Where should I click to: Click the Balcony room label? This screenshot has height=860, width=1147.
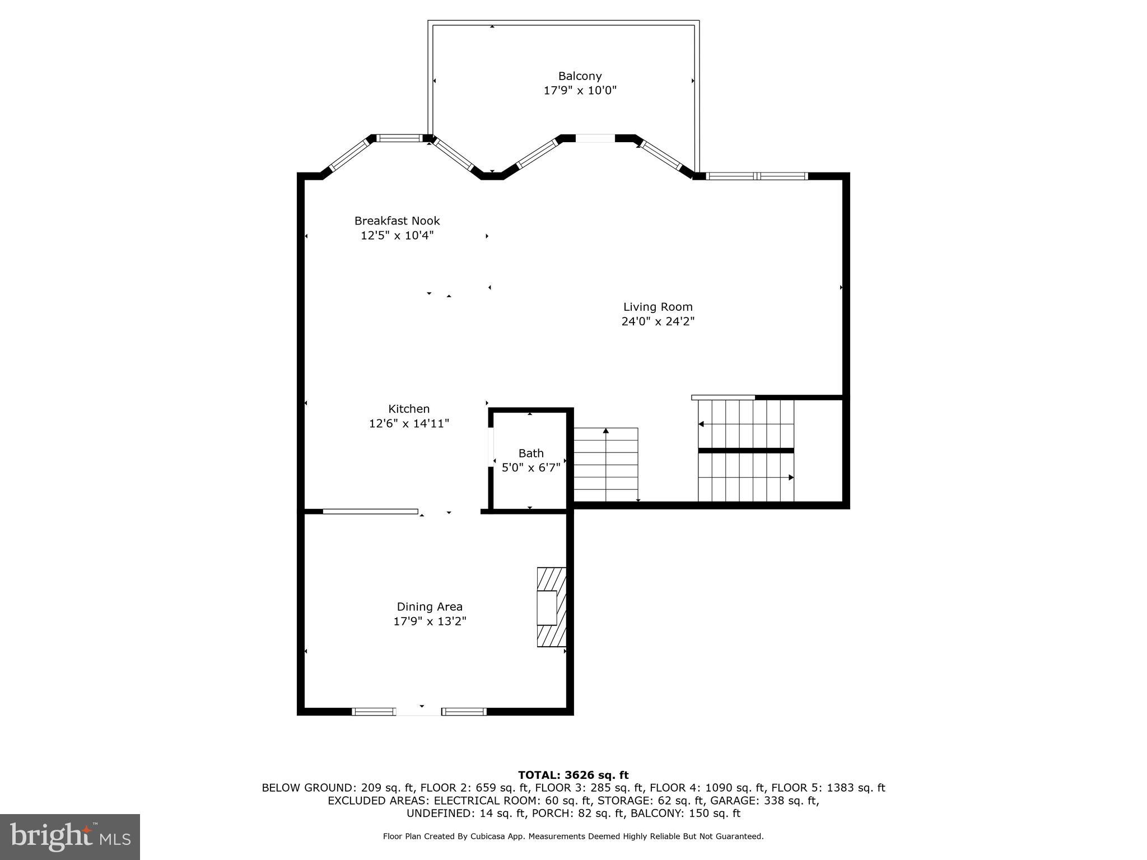point(580,76)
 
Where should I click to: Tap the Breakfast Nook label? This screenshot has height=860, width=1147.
point(397,221)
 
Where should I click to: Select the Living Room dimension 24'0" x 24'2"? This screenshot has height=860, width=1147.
point(658,321)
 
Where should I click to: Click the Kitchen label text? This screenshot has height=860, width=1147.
point(409,409)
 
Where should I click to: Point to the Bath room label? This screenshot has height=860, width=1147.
point(530,453)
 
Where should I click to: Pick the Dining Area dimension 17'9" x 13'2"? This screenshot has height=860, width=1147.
point(430,621)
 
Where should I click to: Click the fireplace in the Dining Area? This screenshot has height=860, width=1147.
point(551,607)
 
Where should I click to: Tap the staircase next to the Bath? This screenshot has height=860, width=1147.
point(605,465)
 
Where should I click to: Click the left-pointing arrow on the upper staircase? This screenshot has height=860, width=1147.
point(701,424)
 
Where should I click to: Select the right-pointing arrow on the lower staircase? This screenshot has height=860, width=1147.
point(790,478)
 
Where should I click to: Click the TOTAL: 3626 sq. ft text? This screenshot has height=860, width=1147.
point(573,775)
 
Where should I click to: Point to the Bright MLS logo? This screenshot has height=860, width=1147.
point(69,836)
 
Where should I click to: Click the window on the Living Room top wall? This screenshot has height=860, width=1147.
point(756,176)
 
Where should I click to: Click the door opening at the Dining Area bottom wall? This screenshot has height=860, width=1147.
point(418,712)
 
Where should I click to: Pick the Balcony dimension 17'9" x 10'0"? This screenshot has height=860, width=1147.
point(580,91)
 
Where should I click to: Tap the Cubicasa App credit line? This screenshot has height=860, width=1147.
point(573,836)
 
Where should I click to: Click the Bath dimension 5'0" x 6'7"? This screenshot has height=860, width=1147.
point(530,468)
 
